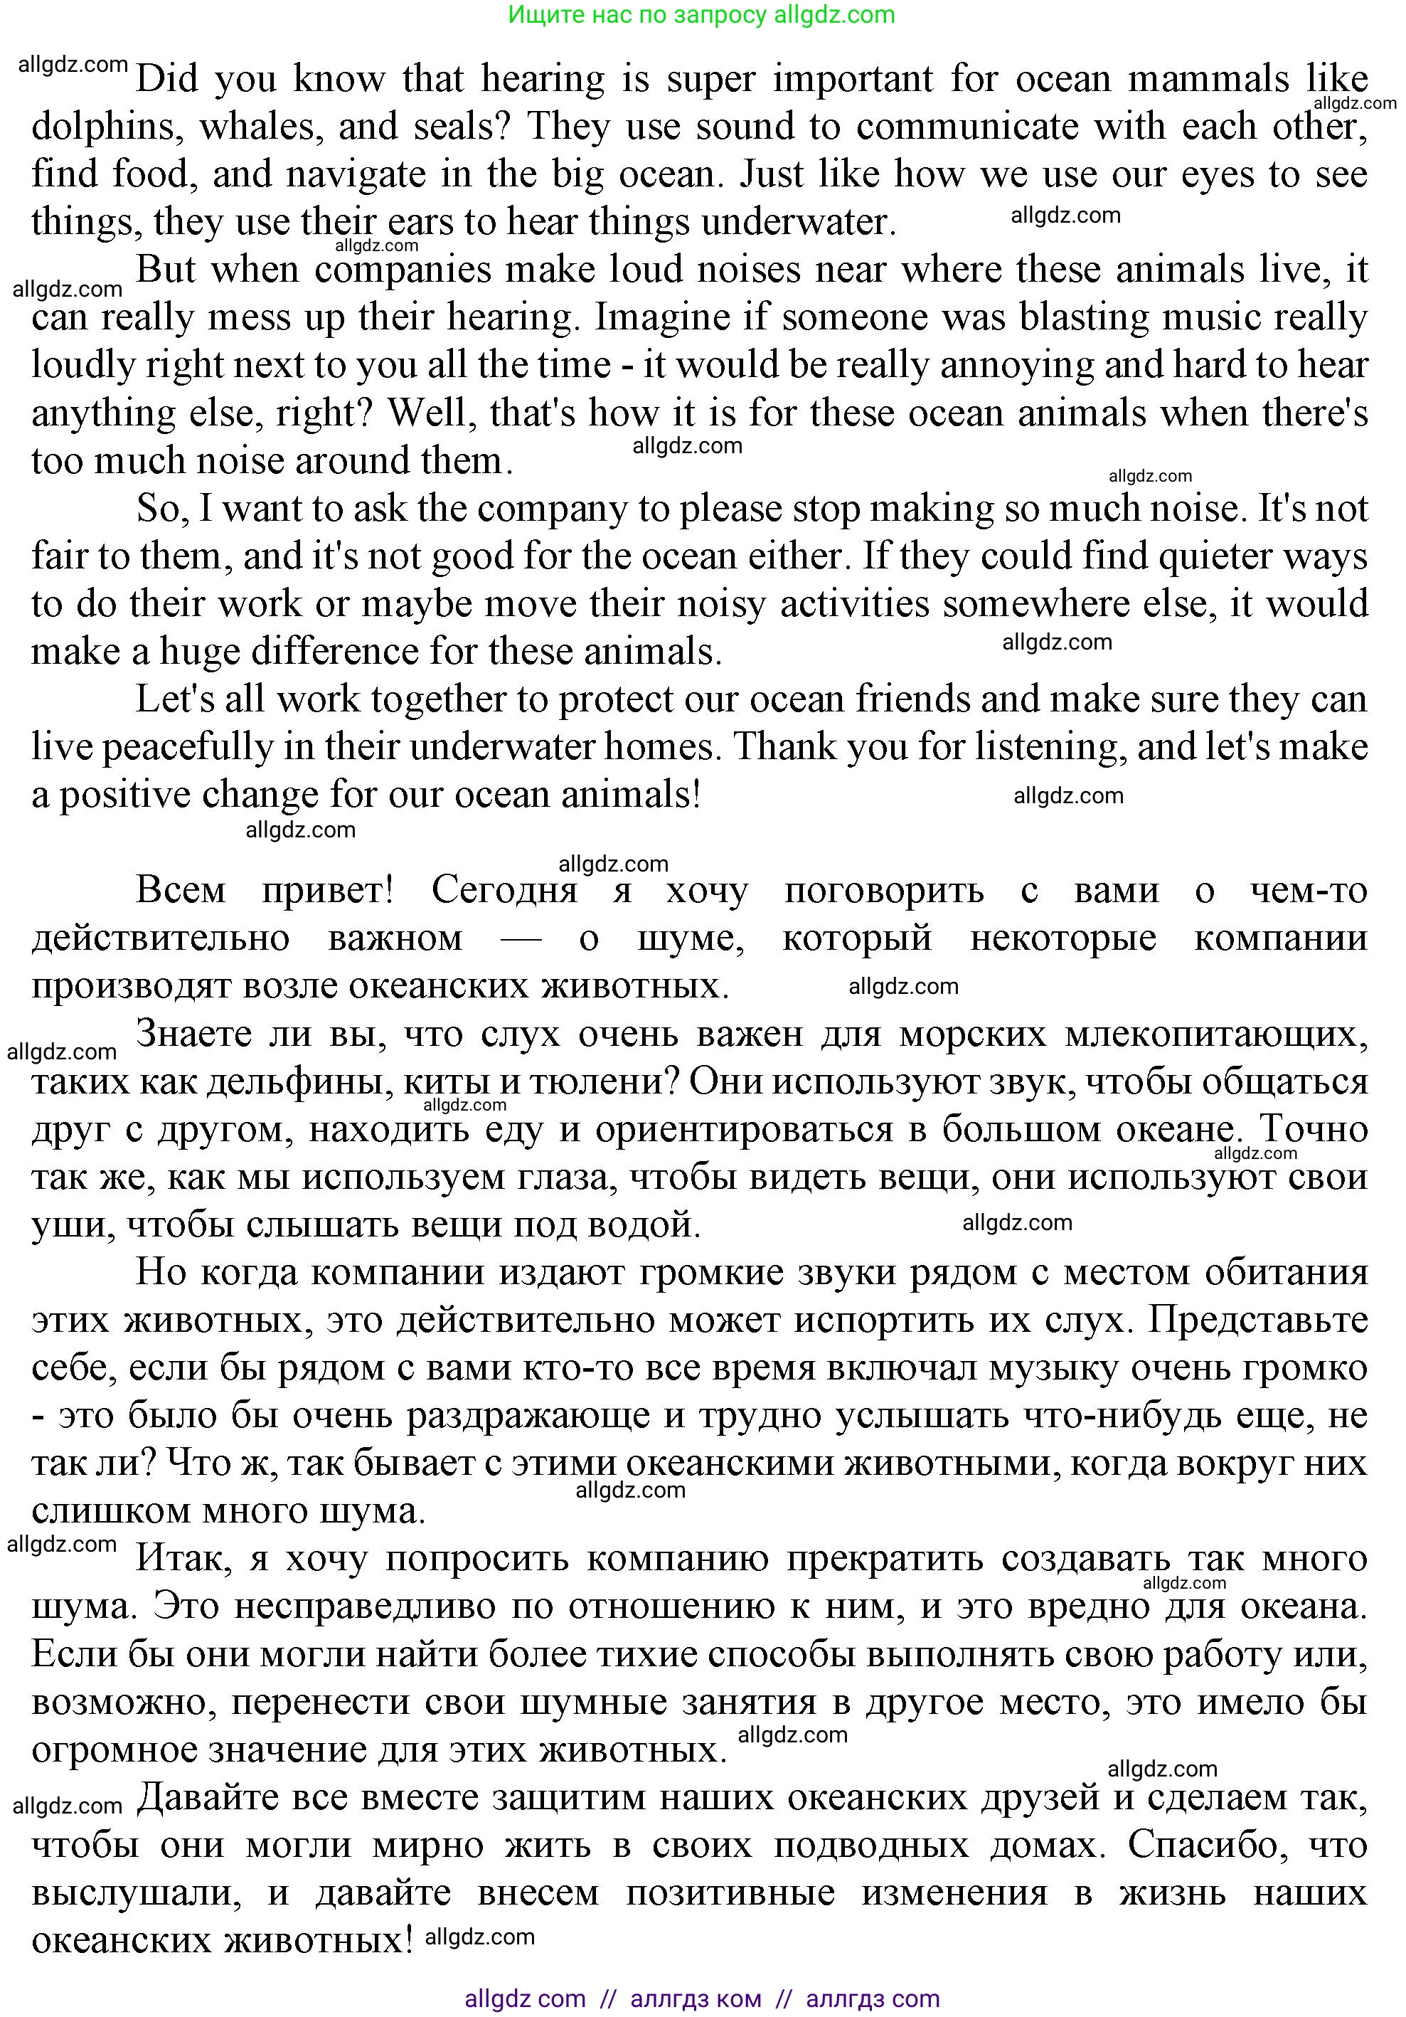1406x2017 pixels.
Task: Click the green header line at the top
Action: click(x=702, y=15)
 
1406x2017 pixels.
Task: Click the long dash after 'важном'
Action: click(x=521, y=938)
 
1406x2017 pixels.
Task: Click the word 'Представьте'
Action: click(x=1257, y=1320)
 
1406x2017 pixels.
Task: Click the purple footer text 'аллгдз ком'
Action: click(x=696, y=1999)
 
